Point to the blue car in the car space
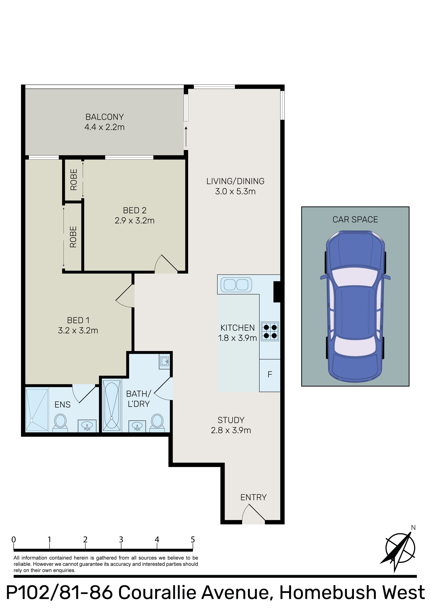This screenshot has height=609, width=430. [355, 306]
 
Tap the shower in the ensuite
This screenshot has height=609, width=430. [37, 410]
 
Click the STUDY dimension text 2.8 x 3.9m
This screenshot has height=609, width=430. [231, 430]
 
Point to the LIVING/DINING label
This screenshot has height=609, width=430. [235, 181]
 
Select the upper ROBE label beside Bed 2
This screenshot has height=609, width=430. [74, 180]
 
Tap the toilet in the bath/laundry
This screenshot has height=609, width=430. [157, 422]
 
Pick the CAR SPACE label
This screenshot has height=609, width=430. [355, 220]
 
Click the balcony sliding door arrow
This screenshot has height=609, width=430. [186, 137]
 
